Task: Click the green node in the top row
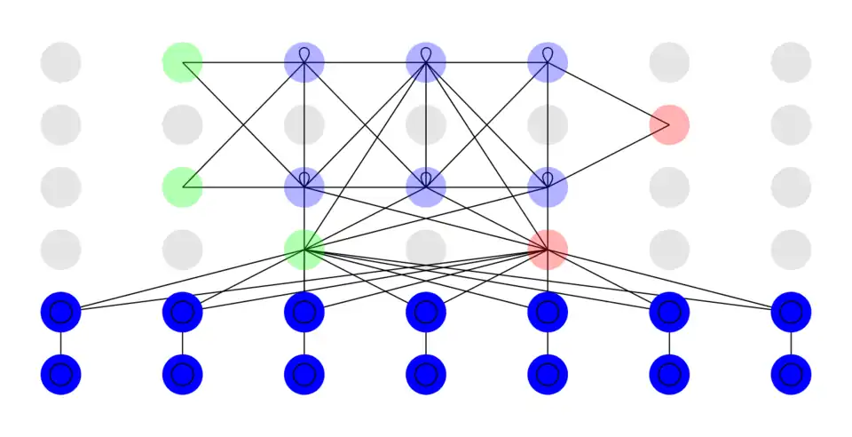[183, 62]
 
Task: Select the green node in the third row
[183, 187]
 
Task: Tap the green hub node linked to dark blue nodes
[304, 250]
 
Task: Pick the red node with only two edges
[669, 124]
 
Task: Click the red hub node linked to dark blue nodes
[548, 250]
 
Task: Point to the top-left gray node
[60, 62]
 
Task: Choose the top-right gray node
[791, 62]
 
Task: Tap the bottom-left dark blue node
[60, 374]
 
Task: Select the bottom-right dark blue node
[791, 374]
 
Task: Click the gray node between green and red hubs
[426, 250]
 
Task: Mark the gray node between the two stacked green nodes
[183, 124]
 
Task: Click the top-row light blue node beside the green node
[304, 62]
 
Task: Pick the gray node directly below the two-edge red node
[669, 187]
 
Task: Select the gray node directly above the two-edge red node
[669, 62]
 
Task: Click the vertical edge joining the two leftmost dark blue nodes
[60, 343]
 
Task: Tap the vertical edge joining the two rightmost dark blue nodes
[791, 343]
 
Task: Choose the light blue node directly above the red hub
[548, 187]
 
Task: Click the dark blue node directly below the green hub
[304, 312]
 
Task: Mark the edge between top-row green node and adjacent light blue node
[243, 62]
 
